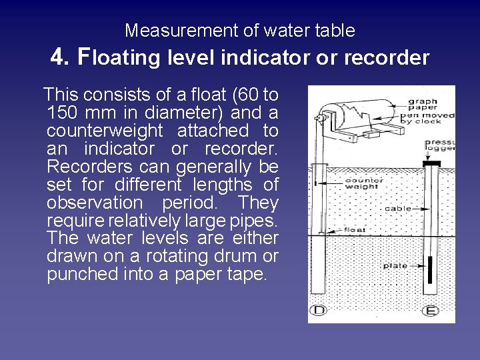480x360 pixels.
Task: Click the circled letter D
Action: [319, 311]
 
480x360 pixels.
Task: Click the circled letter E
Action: [431, 311]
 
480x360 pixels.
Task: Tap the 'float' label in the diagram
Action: [354, 230]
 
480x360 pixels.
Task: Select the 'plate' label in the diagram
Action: [395, 266]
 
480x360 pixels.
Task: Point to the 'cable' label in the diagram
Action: [398, 209]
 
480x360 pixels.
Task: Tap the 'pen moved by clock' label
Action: [433, 119]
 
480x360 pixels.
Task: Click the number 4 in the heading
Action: [57, 58]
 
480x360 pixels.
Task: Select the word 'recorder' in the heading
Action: [388, 58]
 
